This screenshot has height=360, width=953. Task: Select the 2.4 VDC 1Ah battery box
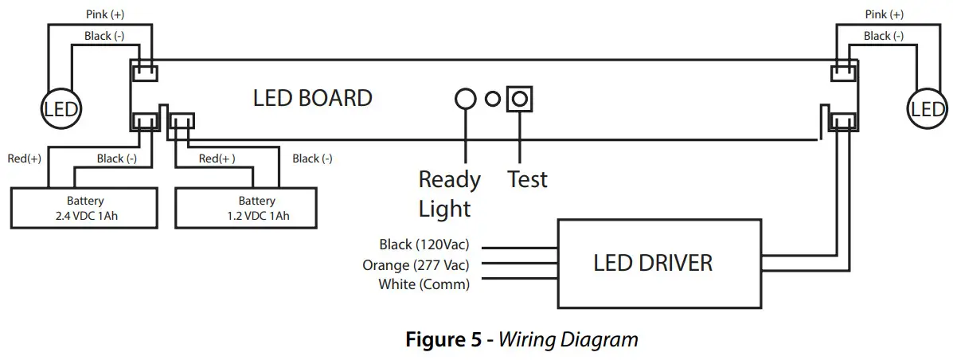coord(85,208)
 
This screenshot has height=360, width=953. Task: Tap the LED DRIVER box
coord(653,263)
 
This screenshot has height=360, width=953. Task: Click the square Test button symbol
coord(519,99)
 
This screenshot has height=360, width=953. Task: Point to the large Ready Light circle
coord(465,99)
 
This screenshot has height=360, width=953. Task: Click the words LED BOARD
coord(312,98)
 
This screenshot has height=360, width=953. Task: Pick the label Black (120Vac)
coord(424,245)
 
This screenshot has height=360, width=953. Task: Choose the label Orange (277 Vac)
coord(416,264)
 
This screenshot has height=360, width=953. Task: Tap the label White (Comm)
coord(424,284)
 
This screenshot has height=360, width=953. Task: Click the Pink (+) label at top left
coord(105,15)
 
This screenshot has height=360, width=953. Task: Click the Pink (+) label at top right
coord(885,15)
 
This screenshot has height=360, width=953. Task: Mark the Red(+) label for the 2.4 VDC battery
coord(24,158)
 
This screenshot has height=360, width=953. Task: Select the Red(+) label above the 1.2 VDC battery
coord(217,158)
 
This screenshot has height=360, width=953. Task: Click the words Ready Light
coord(450,194)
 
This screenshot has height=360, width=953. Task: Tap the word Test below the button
coord(527,179)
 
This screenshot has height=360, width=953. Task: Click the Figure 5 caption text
coord(521,340)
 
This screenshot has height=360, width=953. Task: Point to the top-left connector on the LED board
coord(143,72)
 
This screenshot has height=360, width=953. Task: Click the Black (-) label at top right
coord(883,36)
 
